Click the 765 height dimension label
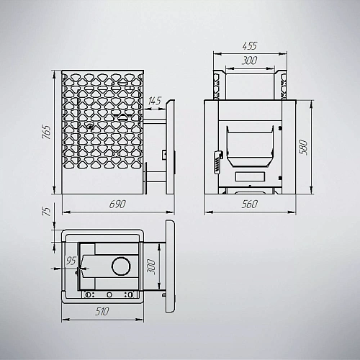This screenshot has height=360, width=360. click(x=46, y=132)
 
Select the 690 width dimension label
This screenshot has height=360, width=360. click(x=117, y=204)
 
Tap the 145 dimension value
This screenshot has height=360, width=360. click(x=155, y=101)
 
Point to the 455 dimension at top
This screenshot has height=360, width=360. click(x=250, y=45)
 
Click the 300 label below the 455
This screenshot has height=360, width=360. click(x=249, y=60)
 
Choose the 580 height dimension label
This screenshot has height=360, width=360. click(x=303, y=147)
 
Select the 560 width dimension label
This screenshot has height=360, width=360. click(x=250, y=204)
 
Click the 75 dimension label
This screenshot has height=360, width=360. click(x=47, y=211)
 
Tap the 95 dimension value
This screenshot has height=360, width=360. click(x=71, y=261)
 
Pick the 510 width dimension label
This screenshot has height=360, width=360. click(x=102, y=312)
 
